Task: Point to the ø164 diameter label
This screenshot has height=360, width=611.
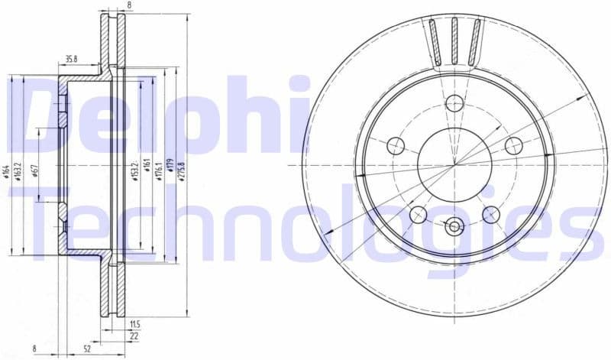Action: click(x=5, y=171)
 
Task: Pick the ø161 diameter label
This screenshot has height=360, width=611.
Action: click(x=146, y=170)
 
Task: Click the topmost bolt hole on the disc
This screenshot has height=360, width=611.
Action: click(x=454, y=103)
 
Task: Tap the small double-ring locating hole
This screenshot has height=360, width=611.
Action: click(x=454, y=225)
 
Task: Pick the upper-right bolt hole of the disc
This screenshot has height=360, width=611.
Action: click(x=514, y=145)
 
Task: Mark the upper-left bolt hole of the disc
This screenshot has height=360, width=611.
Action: click(x=396, y=145)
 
